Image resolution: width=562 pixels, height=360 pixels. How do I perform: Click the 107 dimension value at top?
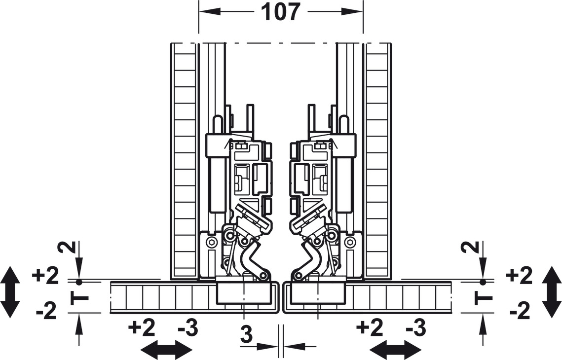pyautogui.click(x=281, y=12)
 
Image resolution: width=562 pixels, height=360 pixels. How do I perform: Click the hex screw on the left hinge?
pyautogui.click(x=212, y=242)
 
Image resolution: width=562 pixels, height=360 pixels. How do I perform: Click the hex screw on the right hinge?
pyautogui.click(x=350, y=242)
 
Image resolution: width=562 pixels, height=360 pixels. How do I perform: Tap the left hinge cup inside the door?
pyautogui.click(x=244, y=294)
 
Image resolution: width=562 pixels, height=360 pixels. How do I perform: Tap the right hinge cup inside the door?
pyautogui.click(x=318, y=294)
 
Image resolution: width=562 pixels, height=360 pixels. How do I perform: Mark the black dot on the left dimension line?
pyautogui.click(x=78, y=282)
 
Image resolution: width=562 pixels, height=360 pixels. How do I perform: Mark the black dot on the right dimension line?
pyautogui.click(x=483, y=282)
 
